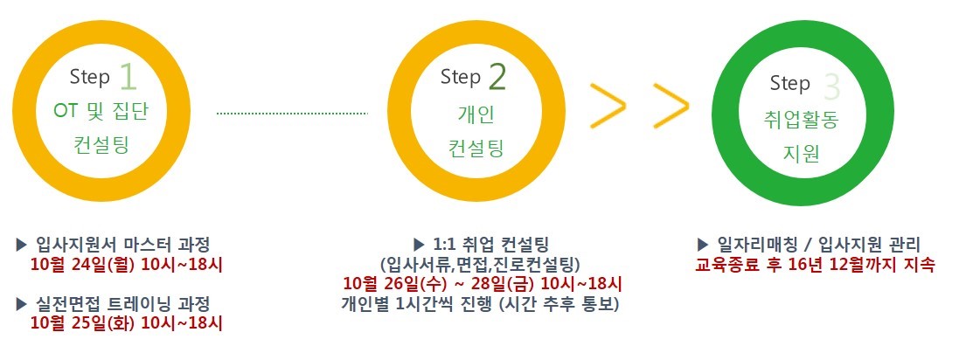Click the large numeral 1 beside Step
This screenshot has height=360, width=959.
coord(129,78)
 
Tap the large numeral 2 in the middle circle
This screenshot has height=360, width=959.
coord(497,77)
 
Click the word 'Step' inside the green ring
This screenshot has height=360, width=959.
coord(790,84)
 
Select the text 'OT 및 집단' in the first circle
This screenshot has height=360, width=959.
coord(101,113)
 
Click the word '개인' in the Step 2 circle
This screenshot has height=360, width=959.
coord(476,114)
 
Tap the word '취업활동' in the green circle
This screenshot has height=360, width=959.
coord(801,120)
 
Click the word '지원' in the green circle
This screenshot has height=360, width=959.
coord(801,154)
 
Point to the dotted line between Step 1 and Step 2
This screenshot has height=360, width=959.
coord(292,113)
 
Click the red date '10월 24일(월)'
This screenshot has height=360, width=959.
coord(82,266)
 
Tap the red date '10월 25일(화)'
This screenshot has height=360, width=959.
coord(82,322)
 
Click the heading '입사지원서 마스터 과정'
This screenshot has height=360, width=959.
coord(123,246)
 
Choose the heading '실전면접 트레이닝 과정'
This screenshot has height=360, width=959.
coord(123,303)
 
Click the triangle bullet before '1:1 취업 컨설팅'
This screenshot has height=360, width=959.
coord(419,245)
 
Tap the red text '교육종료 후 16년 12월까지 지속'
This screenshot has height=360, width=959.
coord(816,266)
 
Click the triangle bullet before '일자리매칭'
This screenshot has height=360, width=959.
coord(703,245)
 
